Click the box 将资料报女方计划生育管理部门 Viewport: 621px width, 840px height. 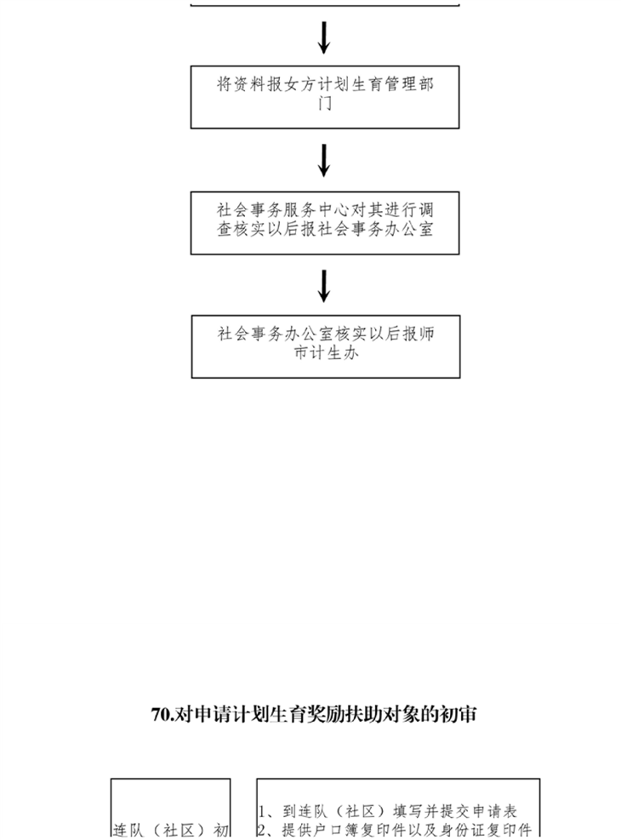(325, 97)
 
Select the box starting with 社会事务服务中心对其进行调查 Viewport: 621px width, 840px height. (325, 223)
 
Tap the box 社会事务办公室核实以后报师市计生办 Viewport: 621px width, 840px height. (326, 346)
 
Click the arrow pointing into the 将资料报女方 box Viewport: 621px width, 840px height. (324, 37)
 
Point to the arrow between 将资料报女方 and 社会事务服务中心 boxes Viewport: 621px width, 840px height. (324, 160)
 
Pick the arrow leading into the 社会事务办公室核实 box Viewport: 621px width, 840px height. (324, 286)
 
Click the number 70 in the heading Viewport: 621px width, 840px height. (160, 715)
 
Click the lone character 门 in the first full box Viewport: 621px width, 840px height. (325, 103)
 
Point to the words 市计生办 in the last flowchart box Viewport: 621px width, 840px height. (326, 352)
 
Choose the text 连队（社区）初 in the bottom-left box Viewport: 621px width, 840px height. (171, 830)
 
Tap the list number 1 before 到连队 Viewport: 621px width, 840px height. (262, 811)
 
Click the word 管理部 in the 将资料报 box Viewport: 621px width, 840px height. (409, 84)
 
